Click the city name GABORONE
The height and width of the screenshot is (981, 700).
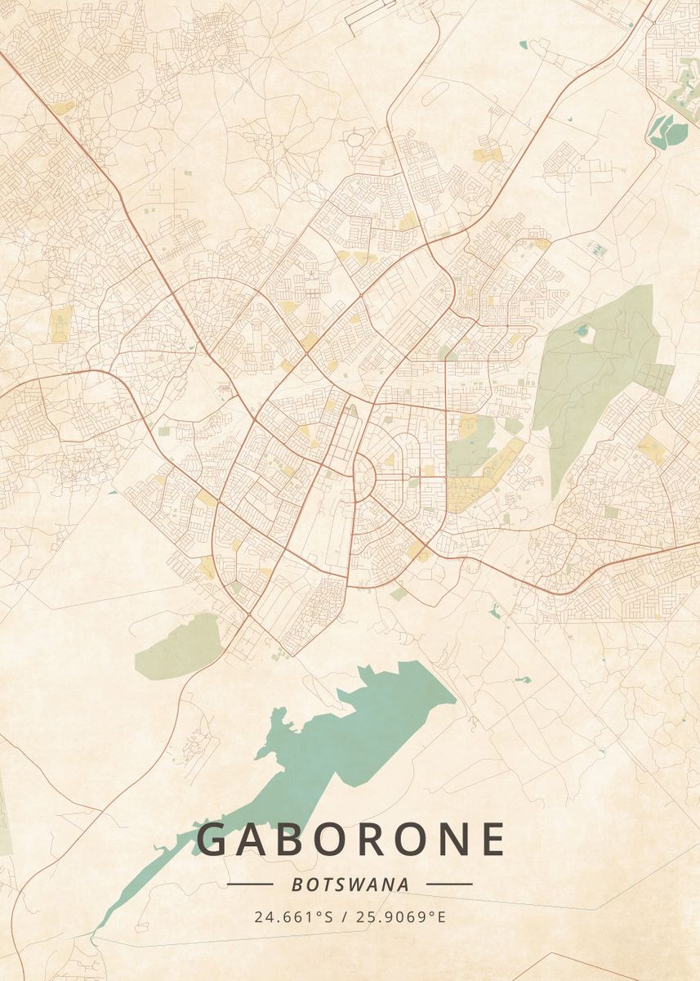[351, 840]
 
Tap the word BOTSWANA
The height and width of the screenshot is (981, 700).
[350, 884]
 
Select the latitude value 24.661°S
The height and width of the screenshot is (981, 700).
[293, 916]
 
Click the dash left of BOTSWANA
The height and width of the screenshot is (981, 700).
[250, 884]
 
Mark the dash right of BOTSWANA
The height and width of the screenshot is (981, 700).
[449, 884]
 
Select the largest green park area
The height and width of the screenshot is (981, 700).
[592, 368]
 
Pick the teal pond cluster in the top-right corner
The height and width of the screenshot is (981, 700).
[663, 131]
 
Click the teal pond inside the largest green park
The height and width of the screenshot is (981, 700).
[582, 331]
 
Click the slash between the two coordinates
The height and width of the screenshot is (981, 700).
[346, 916]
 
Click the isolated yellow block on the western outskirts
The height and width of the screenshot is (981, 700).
[60, 323]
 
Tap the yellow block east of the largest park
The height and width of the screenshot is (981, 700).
[651, 447]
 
